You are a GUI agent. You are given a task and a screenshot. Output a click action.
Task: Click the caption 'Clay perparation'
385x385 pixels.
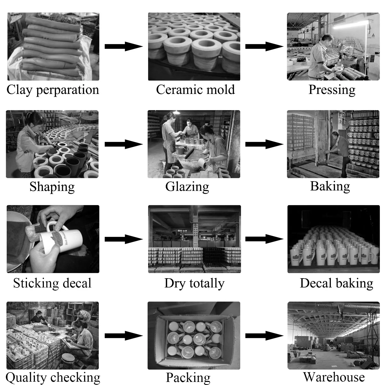tap(53, 90)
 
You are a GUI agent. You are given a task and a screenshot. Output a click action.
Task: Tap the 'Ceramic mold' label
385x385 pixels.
tap(195, 90)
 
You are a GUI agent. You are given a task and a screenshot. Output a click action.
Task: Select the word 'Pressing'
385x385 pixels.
tap(332, 90)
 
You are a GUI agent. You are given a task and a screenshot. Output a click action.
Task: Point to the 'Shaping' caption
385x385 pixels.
tap(52, 187)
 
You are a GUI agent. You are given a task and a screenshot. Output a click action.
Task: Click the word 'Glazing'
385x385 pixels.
tap(187, 187)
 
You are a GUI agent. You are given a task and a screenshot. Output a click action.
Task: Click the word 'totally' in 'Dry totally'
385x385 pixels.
tap(207, 284)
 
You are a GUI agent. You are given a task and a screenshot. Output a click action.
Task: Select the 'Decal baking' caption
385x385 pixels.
tap(336, 283)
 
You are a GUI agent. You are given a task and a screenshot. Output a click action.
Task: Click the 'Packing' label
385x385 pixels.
tap(188, 378)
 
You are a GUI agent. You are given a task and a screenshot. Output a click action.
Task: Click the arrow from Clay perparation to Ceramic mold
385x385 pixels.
tap(123, 46)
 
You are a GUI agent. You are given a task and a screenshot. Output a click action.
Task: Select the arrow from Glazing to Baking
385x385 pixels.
tap(264, 144)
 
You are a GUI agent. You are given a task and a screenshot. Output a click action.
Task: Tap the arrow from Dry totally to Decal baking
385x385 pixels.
tap(264, 239)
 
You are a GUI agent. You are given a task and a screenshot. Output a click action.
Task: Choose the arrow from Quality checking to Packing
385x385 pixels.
tap(123, 336)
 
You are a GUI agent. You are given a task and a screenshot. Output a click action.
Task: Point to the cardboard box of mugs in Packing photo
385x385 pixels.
tap(194, 336)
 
